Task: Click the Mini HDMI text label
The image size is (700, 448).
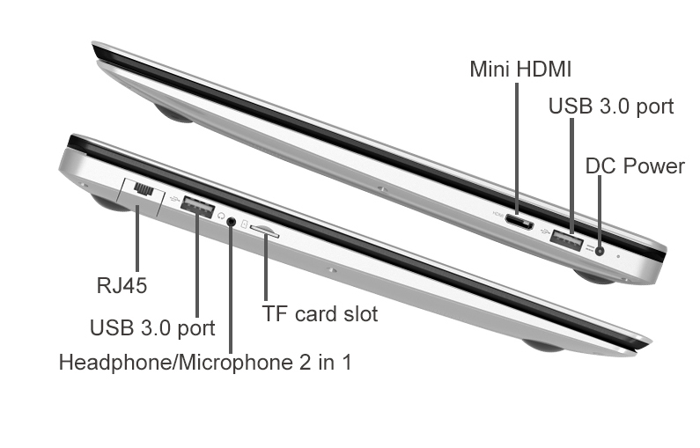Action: [x=520, y=70]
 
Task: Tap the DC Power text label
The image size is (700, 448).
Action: [x=635, y=166]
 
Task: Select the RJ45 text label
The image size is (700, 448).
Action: [x=122, y=285]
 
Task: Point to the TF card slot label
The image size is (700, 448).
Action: [x=320, y=313]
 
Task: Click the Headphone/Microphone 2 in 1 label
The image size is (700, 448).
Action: [x=205, y=362]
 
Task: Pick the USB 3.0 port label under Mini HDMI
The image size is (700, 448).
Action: [x=611, y=106]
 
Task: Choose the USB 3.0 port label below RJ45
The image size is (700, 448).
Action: [x=152, y=328]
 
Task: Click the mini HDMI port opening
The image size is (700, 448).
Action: [x=519, y=221]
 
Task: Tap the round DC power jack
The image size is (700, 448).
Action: [x=600, y=251]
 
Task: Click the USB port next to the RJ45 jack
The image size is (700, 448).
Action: [x=198, y=207]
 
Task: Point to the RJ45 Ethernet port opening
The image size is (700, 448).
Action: [x=144, y=189]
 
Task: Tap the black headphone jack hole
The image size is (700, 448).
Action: [x=231, y=220]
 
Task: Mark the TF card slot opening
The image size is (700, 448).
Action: [x=265, y=231]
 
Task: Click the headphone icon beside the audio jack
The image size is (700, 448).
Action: [x=221, y=216]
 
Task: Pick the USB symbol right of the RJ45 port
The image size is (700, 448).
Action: [x=174, y=199]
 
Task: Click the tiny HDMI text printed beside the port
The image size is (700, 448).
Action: [x=497, y=213]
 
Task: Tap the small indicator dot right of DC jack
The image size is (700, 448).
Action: [x=618, y=257]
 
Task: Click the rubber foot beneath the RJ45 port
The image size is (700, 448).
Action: [x=108, y=203]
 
